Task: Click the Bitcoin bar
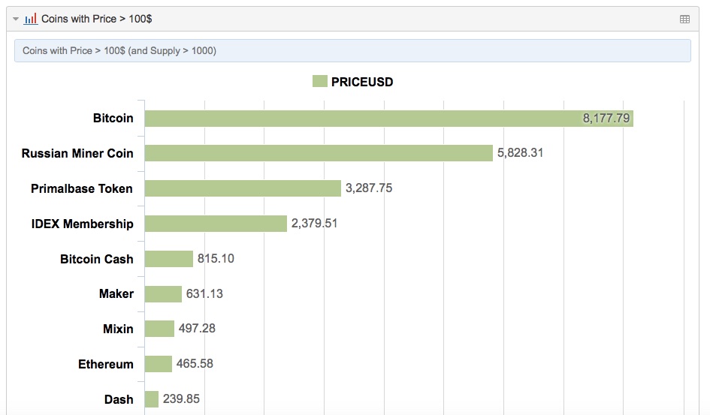coord(388,119)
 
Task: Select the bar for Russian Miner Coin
coord(319,153)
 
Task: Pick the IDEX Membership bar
coord(216,224)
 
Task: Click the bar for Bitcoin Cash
coord(169,259)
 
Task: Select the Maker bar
coord(163,293)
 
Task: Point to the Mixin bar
coord(159,329)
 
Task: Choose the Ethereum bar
coord(158,364)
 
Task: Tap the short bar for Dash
coord(152,399)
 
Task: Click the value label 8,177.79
coord(606,119)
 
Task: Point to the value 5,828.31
coord(520,153)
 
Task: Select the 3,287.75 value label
coord(369,188)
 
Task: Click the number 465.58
coord(195,364)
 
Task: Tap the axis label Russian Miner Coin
coord(77,153)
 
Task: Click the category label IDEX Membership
coord(83,224)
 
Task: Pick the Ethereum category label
coord(106,364)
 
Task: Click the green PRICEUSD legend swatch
coord(320,82)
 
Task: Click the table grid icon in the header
coord(684,19)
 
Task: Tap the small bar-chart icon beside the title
coord(31,19)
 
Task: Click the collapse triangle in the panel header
coord(16,19)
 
